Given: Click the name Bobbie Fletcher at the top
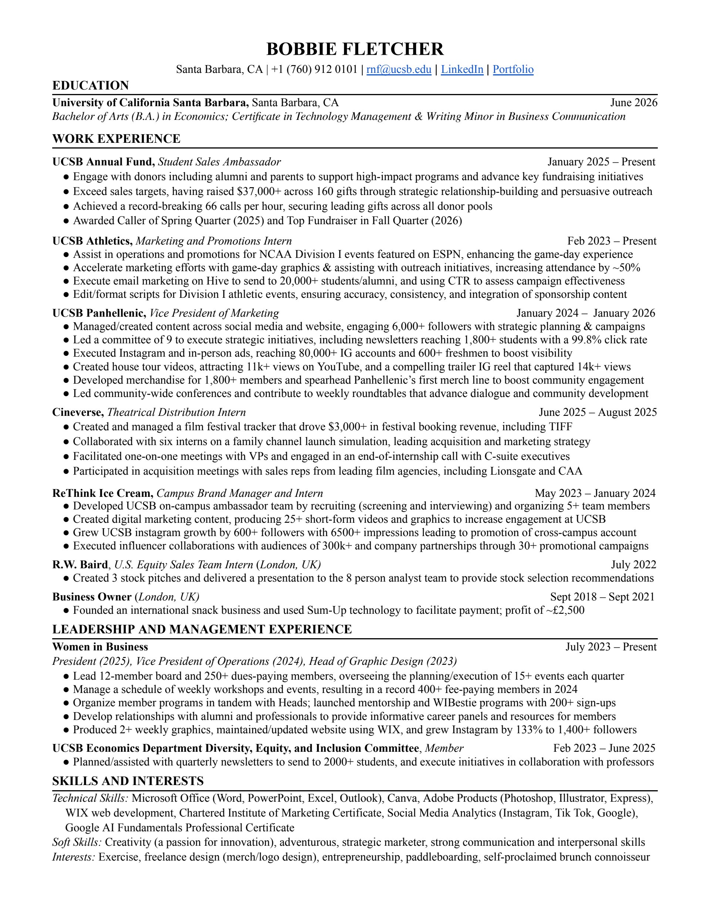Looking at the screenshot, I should coord(355,49).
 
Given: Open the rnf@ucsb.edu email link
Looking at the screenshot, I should coord(399,70).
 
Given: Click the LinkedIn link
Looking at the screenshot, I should coord(462,70).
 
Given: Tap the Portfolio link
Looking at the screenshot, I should coord(513,70).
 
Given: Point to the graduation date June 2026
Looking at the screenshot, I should coord(633,103).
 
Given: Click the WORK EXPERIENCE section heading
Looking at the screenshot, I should coord(116,138).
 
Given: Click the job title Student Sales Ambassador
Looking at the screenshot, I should coord(219,162).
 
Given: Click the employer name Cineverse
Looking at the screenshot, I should coord(77,413).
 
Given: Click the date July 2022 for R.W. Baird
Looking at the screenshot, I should coord(633,565).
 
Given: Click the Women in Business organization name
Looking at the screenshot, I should coord(100,647).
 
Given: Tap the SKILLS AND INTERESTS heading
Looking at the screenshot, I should coord(128,781).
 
